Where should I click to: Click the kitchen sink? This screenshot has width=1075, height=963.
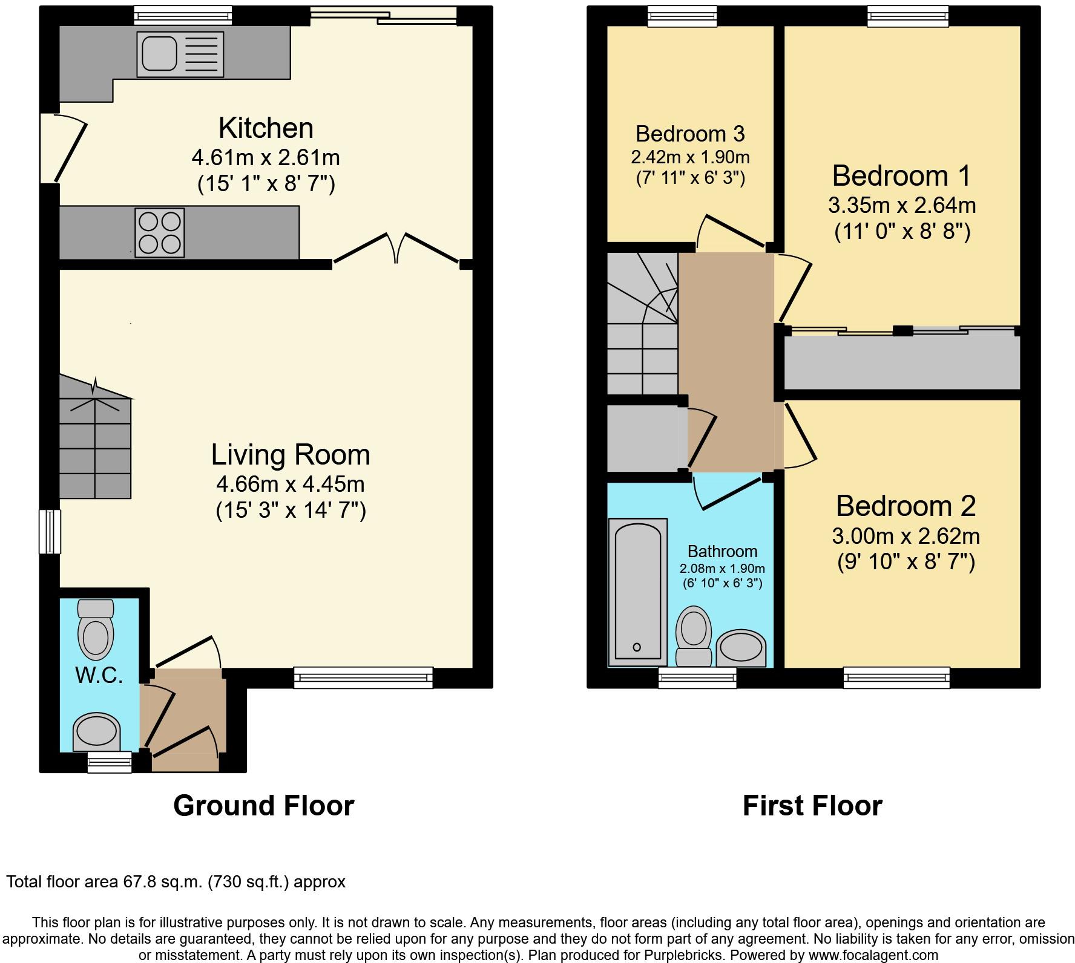(180, 54)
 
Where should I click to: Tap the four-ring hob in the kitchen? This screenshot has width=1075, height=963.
(160, 233)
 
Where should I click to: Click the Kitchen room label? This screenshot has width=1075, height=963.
(266, 128)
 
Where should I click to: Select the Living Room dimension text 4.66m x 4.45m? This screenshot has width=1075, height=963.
(291, 484)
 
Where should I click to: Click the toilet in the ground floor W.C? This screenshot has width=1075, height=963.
(96, 629)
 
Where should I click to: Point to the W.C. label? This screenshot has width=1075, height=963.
(99, 675)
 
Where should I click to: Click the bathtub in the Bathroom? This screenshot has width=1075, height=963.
(637, 592)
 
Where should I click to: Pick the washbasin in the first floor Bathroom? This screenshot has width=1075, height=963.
(741, 648)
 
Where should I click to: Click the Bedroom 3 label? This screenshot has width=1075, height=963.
(690, 133)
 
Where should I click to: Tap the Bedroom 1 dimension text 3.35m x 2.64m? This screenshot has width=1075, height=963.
(902, 206)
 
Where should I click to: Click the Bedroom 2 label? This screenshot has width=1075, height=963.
(906, 506)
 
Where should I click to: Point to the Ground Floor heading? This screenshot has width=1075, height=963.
(264, 806)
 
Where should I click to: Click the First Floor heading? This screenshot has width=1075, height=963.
(812, 806)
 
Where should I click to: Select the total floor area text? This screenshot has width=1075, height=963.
(176, 881)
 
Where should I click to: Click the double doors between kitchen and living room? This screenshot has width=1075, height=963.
(396, 247)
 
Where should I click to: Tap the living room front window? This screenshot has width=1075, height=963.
(363, 677)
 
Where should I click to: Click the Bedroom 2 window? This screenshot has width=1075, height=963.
(896, 677)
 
